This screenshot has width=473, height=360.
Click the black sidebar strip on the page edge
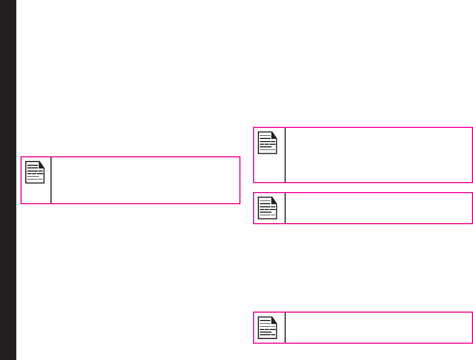(x=8, y=180)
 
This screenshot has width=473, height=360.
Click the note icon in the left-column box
(x=35, y=172)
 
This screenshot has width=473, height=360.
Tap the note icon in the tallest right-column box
(x=268, y=143)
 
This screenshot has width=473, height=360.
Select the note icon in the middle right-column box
(x=268, y=208)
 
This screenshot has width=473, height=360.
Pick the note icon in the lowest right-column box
(x=268, y=327)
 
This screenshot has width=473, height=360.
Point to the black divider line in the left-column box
(x=51, y=180)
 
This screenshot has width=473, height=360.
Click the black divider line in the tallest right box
(x=285, y=155)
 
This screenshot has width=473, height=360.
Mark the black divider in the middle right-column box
(x=285, y=208)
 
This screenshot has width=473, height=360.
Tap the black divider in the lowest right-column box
(x=285, y=327)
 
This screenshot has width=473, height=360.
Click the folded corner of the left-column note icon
(x=42, y=164)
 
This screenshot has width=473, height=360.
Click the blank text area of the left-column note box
(x=145, y=180)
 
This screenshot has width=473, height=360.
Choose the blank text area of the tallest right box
(x=378, y=155)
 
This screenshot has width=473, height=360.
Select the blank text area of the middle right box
(x=378, y=208)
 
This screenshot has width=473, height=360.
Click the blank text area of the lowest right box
(x=378, y=327)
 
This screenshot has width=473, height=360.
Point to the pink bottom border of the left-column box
(x=130, y=203)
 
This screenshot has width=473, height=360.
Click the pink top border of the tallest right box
(x=363, y=127)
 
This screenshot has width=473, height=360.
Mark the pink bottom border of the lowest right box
(x=363, y=343)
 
